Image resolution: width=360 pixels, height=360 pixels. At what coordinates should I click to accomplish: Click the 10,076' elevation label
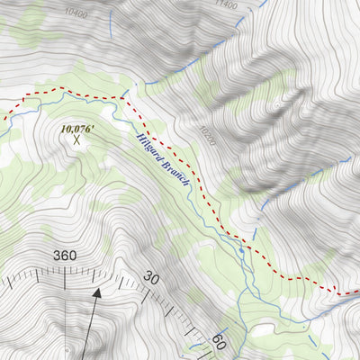pyautogui.click(x=77, y=129)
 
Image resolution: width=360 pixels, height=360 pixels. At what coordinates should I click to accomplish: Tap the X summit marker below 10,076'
pyautogui.click(x=77, y=140)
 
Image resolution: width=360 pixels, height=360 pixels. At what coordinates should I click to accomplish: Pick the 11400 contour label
pyautogui.click(x=227, y=5)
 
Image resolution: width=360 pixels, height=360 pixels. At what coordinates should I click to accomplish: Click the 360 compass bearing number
pyautogui.click(x=65, y=256)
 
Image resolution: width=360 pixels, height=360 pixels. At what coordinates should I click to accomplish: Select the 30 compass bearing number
pyautogui.click(x=151, y=279)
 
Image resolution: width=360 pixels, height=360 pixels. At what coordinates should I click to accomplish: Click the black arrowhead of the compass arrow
pyautogui.click(x=98, y=292)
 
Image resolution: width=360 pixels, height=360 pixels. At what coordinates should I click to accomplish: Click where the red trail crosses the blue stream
pyautogui.click(x=121, y=95)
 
